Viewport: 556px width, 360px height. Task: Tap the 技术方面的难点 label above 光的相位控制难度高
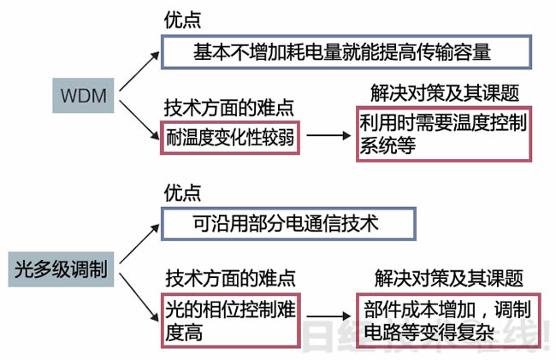229,278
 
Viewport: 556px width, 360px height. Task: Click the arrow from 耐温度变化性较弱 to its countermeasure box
328,135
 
